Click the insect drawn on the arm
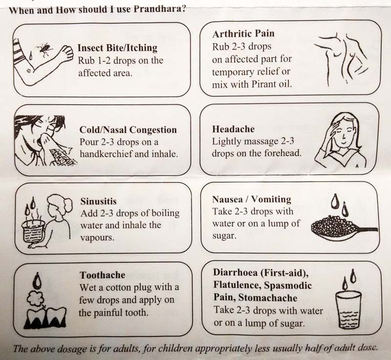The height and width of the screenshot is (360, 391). click(44, 49)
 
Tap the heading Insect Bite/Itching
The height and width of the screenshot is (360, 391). click(117, 47)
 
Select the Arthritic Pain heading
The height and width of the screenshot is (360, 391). click(243, 33)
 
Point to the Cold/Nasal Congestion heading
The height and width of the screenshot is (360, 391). click(128, 129)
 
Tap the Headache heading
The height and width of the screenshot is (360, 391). click(234, 129)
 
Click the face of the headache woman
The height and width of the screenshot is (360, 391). click(343, 133)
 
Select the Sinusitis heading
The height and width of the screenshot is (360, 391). click(99, 201)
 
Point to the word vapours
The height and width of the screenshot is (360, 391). click(97, 237)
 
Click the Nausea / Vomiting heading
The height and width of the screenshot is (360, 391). click(252, 199)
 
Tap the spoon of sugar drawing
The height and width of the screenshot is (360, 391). click(344, 228)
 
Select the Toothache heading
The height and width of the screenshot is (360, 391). click(103, 275)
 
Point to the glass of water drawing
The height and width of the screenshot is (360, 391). click(348, 310)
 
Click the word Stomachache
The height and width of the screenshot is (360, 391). click(267, 297)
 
